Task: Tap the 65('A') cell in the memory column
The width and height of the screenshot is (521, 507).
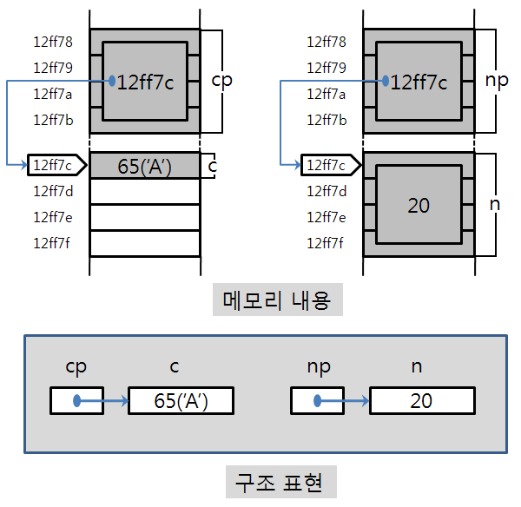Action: (144, 165)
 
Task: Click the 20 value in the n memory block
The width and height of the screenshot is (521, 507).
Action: (419, 205)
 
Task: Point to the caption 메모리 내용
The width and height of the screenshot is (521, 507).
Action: (278, 300)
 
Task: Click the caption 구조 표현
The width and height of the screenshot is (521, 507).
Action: (278, 482)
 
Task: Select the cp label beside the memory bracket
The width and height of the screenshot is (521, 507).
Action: (222, 80)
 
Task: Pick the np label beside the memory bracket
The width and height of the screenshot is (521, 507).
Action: (496, 80)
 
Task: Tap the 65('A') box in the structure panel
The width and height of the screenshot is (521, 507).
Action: (181, 401)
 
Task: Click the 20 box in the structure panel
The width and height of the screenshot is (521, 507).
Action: (422, 401)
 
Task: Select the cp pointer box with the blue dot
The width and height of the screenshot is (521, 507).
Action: (76, 401)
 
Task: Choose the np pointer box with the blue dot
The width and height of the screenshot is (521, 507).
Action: (317, 401)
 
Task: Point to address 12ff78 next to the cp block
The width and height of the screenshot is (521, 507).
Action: (52, 42)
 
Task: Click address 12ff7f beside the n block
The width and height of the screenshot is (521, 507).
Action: (326, 242)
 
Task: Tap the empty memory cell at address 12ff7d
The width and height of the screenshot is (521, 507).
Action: (144, 191)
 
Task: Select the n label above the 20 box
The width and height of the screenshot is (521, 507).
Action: (416, 367)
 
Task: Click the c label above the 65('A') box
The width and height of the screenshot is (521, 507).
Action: (175, 367)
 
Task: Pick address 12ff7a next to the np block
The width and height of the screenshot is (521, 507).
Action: (326, 94)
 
